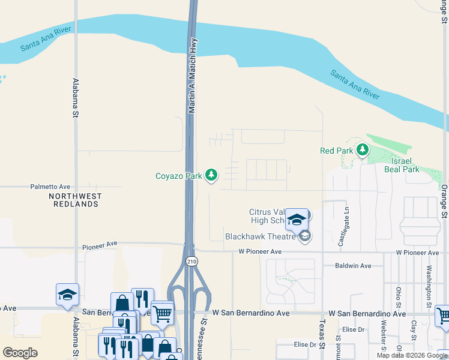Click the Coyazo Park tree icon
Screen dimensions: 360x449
coord(211,175)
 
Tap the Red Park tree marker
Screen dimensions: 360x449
coord(362,151)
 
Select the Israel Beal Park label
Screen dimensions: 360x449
coord(402,165)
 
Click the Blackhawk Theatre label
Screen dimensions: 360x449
coord(261,236)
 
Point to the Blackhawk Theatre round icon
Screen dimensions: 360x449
coord(305,236)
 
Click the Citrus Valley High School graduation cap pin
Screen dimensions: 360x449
coord(297,220)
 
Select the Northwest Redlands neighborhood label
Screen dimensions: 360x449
coord(76,200)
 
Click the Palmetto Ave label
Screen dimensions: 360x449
coord(50,187)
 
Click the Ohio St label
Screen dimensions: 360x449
coord(399,298)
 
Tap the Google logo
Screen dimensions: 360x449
coord(20,353)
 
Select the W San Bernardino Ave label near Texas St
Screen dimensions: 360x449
coord(365,314)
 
